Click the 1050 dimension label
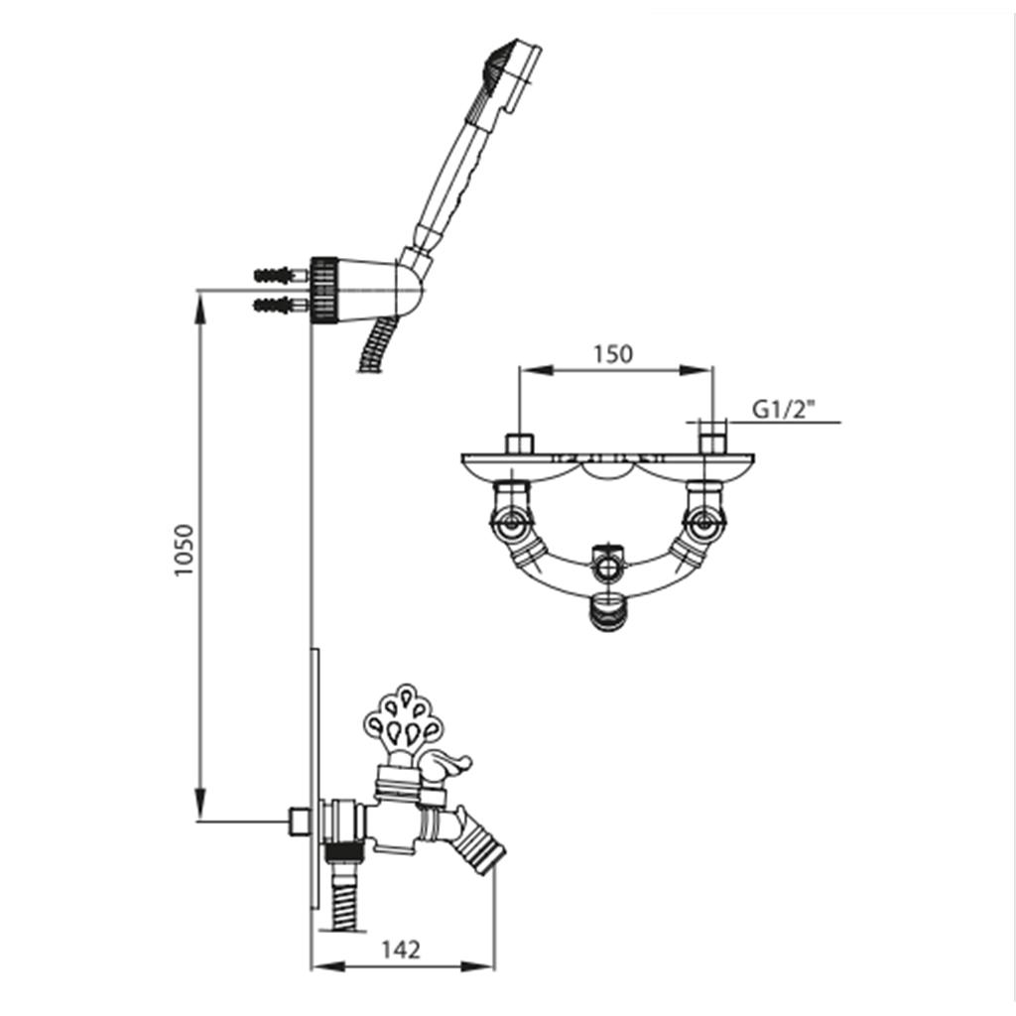coord(185,550)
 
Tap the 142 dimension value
coord(400,950)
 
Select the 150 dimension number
coord(612,354)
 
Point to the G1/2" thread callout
coord(783,410)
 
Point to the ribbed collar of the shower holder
coord(324,290)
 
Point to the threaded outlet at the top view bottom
coord(607,613)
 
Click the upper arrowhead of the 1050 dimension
coord(200,311)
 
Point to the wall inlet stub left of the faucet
coord(300,821)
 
